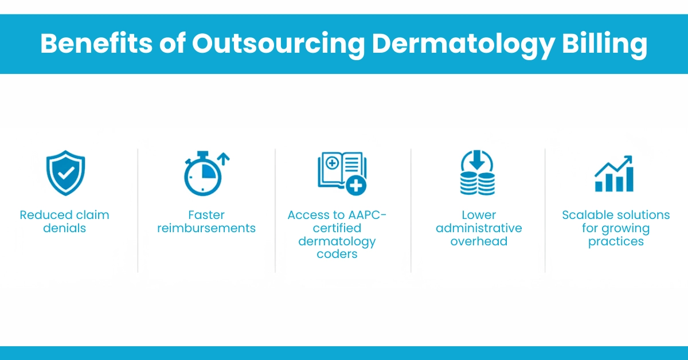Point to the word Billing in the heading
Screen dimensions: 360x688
[612, 45]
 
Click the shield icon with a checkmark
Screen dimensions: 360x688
[65, 173]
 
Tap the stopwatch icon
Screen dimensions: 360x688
[202, 175]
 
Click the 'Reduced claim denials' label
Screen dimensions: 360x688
[64, 221]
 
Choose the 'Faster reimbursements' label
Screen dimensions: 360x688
[206, 221]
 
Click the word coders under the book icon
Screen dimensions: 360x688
[337, 254]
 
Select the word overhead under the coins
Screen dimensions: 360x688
[479, 241]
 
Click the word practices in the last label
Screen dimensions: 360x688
[616, 241]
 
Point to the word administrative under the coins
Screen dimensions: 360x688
[479, 228]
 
